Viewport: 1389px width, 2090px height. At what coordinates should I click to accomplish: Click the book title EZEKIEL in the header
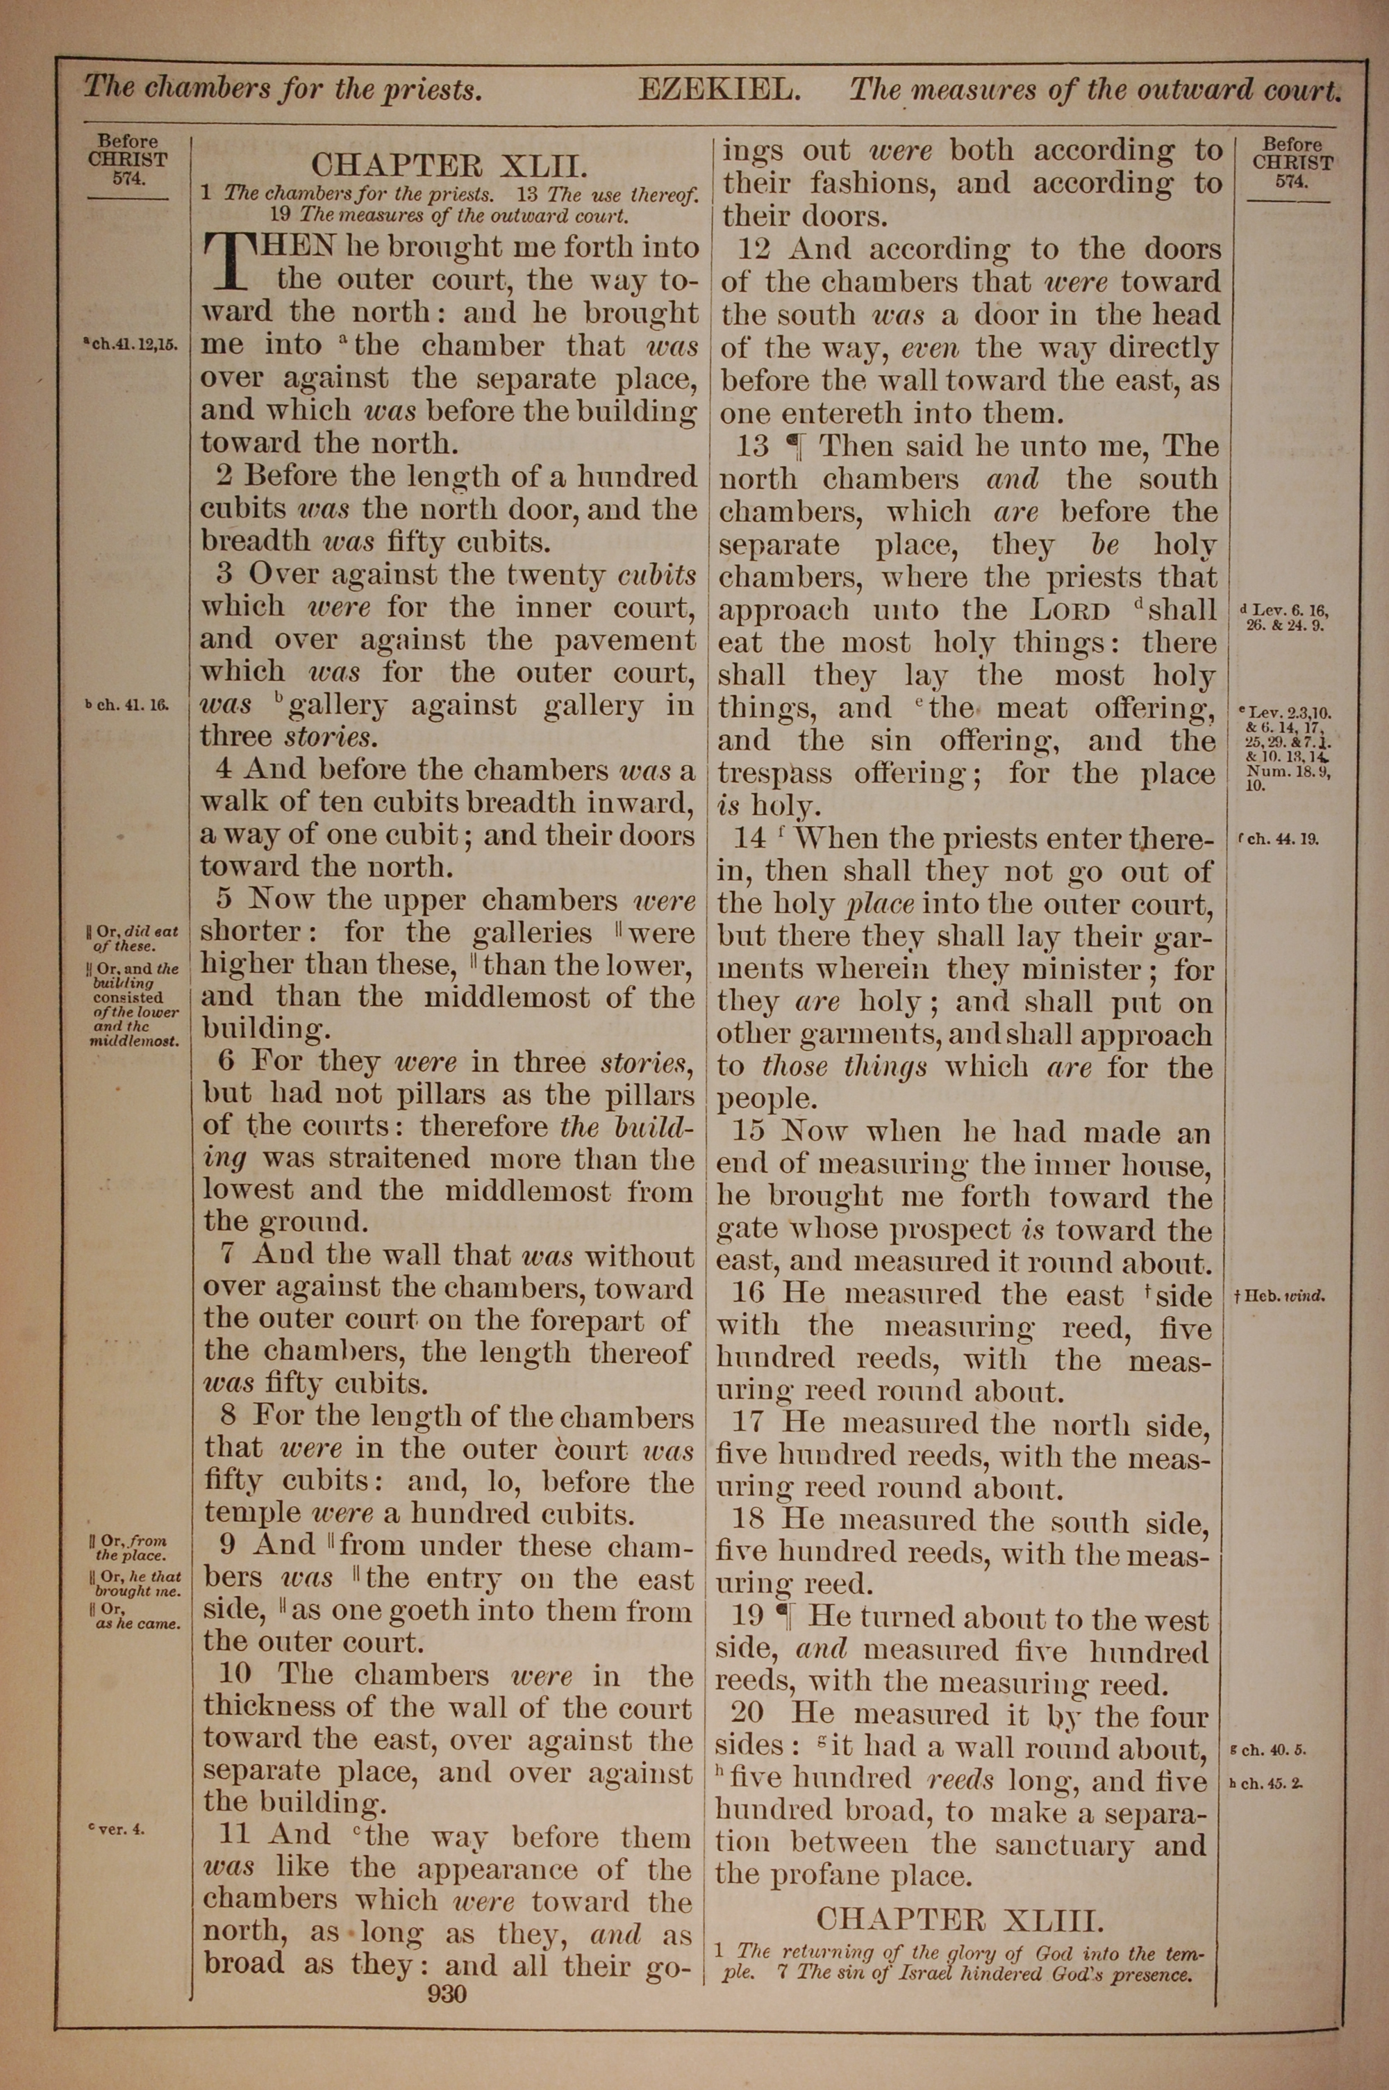[x=720, y=90]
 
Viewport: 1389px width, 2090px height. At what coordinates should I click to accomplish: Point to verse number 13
[x=753, y=445]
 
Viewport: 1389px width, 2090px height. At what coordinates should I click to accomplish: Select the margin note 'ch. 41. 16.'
[x=126, y=706]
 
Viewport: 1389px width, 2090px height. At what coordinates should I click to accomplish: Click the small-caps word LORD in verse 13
[x=1070, y=611]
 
